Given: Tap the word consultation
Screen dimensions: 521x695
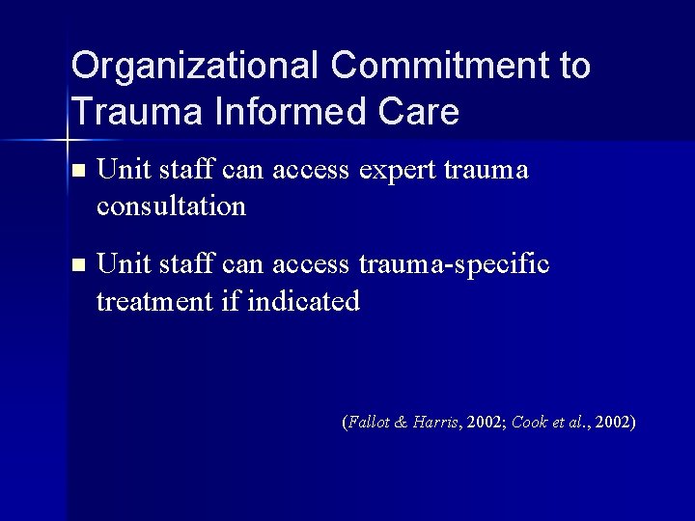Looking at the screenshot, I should [x=171, y=206].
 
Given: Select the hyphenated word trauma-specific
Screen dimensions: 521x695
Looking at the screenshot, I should [x=454, y=264].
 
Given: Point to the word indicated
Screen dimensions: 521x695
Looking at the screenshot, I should [x=303, y=301].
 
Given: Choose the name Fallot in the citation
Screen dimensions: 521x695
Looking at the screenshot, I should [x=369, y=423].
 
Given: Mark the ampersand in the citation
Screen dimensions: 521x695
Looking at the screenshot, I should [x=401, y=423].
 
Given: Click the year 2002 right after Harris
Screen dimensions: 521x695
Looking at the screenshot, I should [x=483, y=423].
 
